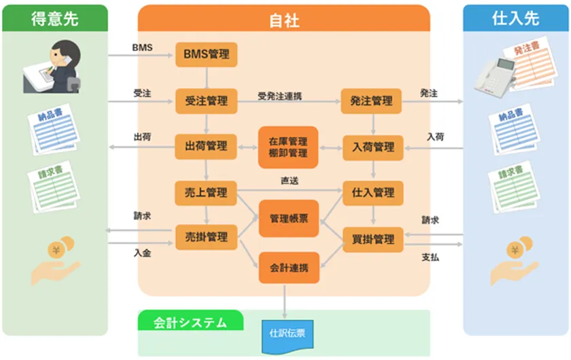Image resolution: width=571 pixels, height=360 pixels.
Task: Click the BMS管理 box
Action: [x=207, y=54]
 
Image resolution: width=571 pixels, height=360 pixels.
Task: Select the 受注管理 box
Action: [x=207, y=101]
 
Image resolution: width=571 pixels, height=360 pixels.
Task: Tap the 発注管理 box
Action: [x=371, y=101]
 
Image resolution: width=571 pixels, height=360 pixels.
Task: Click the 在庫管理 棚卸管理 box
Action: [x=288, y=147]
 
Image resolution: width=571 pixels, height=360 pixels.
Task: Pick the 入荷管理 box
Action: [x=373, y=147]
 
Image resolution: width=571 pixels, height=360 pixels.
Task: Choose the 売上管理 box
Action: [x=206, y=193]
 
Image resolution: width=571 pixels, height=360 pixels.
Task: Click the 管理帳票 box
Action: [x=289, y=219]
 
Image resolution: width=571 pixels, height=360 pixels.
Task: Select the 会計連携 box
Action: [x=289, y=268]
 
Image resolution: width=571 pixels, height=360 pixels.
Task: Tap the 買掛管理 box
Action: [x=373, y=240]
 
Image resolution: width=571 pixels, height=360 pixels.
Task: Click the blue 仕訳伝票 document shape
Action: [x=288, y=336]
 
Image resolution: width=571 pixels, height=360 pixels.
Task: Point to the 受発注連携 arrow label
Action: [x=279, y=96]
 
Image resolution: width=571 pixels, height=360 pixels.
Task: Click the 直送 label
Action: [x=290, y=181]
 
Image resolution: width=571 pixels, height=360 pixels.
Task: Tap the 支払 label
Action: [x=430, y=257]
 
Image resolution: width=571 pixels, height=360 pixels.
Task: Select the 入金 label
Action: [x=142, y=253]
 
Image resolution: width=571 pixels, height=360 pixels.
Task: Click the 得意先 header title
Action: [x=54, y=18]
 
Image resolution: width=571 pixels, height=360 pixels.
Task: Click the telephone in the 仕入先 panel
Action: [x=495, y=77]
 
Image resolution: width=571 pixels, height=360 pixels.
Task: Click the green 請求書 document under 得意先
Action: [x=54, y=187]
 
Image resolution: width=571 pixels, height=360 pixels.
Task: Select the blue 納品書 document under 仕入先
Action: [x=514, y=130]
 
